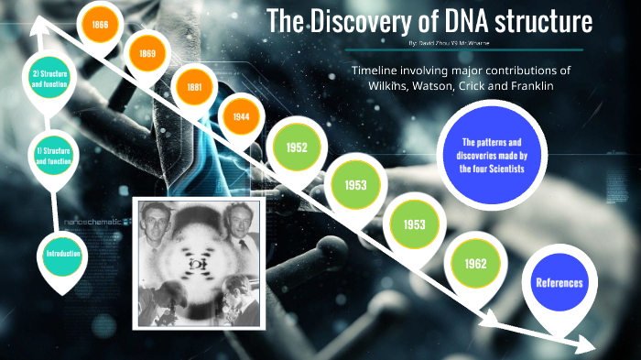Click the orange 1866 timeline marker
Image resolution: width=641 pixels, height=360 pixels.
coord(100,25)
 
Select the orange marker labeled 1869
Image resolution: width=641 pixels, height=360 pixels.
coord(147,54)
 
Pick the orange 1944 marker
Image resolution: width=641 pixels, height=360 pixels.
coord(242,116)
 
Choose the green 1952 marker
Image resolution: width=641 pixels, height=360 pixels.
coord(296,147)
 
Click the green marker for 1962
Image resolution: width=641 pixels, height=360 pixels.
coord(474,264)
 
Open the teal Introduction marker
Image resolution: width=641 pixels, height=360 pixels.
coord(63,253)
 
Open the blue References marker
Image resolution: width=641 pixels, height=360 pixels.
coord(558,283)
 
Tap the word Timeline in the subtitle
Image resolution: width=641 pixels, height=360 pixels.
coord(376,70)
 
